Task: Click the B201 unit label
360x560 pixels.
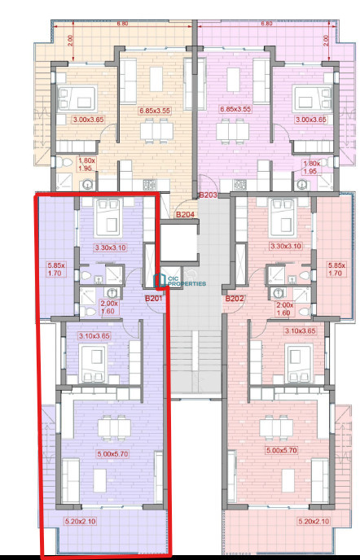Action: [x=154, y=298]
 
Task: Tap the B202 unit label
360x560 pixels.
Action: [x=235, y=299]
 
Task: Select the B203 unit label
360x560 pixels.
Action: [x=208, y=195]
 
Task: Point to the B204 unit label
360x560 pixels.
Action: [x=185, y=214]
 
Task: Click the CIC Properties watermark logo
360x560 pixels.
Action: [x=180, y=281]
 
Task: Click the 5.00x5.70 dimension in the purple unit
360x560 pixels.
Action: [x=113, y=454]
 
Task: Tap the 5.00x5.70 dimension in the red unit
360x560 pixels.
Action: [x=282, y=450]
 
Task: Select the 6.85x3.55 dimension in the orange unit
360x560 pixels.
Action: [x=155, y=111]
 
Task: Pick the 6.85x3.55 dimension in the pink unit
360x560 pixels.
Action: [x=235, y=109]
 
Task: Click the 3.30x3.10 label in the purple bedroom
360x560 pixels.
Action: [x=111, y=247]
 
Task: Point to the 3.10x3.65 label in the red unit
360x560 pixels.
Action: [x=301, y=330]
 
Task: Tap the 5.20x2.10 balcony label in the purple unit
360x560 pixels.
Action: [x=81, y=521]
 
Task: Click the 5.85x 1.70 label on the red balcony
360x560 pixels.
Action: [x=336, y=269]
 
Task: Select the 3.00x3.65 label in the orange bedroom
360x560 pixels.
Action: [x=88, y=120]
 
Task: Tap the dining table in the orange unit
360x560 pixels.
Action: [x=156, y=131]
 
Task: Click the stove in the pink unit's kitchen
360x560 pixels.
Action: [x=240, y=185]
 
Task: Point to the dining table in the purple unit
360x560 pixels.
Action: [x=114, y=427]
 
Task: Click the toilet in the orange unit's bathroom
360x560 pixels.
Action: [x=65, y=163]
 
